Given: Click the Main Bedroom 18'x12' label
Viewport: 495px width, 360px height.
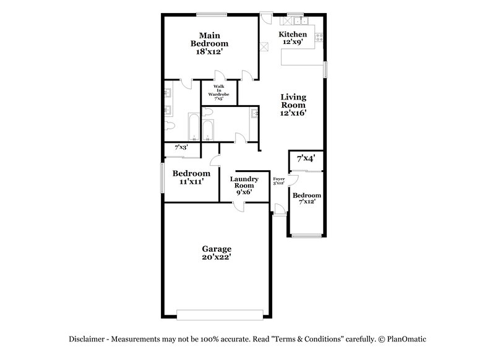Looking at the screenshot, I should (209, 44).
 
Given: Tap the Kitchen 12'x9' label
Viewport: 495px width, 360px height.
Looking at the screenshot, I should (292, 38).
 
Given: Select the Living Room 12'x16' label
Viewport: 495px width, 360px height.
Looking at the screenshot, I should (293, 105).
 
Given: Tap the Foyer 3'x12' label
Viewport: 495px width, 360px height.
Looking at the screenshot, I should (279, 181).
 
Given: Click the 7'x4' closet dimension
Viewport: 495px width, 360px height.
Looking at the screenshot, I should (306, 159).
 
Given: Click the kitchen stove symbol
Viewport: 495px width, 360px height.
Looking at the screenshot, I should (319, 36).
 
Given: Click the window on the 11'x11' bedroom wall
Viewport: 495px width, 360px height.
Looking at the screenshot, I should (163, 180).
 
